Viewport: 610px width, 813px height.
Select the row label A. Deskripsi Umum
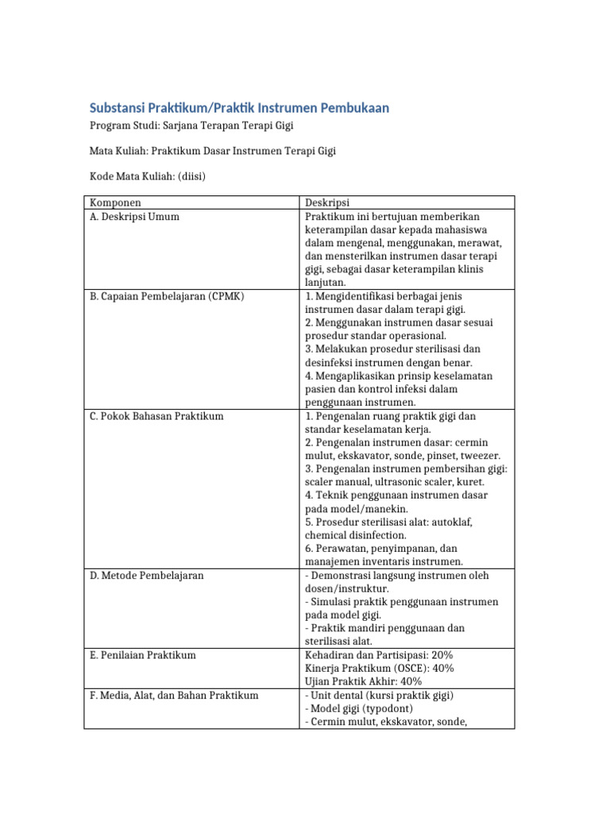[133, 216]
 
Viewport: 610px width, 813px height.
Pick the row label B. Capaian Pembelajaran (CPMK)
[167, 296]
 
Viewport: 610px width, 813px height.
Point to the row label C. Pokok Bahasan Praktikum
[156, 416]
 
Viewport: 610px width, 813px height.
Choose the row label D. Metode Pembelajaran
[146, 575]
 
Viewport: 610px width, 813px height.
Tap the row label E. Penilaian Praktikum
[142, 655]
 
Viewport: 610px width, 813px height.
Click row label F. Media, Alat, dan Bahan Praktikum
[174, 695]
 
